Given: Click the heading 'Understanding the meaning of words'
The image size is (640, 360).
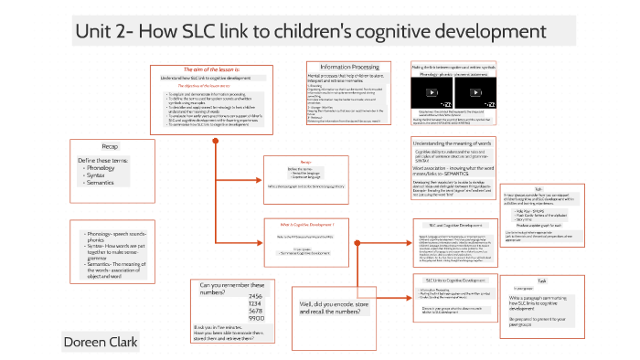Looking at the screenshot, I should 458,143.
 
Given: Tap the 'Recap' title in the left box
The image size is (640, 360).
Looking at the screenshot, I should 110,145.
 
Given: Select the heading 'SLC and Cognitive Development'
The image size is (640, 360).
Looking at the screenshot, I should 454,225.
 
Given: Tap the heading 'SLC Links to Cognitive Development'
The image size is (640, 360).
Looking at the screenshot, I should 454,280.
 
